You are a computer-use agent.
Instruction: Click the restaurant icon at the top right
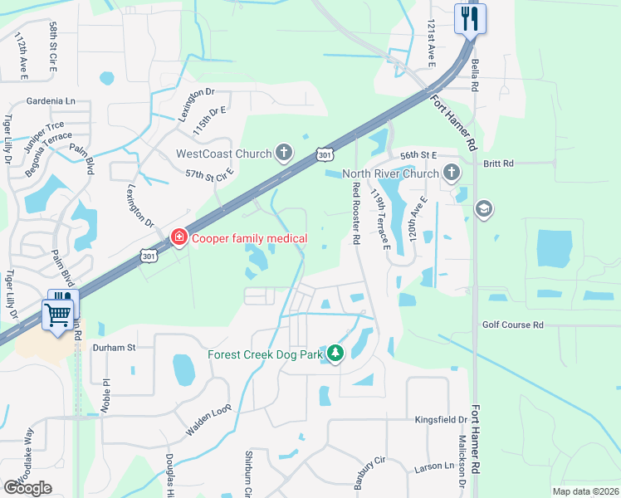pos(471,18)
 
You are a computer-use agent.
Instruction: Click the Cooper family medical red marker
pos(178,239)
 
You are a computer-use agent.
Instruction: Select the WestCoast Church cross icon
pos(285,153)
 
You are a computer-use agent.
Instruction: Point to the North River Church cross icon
pos(452,173)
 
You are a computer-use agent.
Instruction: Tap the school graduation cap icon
pos(484,208)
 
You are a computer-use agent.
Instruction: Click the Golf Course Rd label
pos(512,325)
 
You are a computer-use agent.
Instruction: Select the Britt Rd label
pos(498,164)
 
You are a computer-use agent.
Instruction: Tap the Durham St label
pos(113,348)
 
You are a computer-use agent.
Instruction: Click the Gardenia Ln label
pos(47,101)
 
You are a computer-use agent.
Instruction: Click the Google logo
pos(27,488)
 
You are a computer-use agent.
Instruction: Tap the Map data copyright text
pos(586,491)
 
